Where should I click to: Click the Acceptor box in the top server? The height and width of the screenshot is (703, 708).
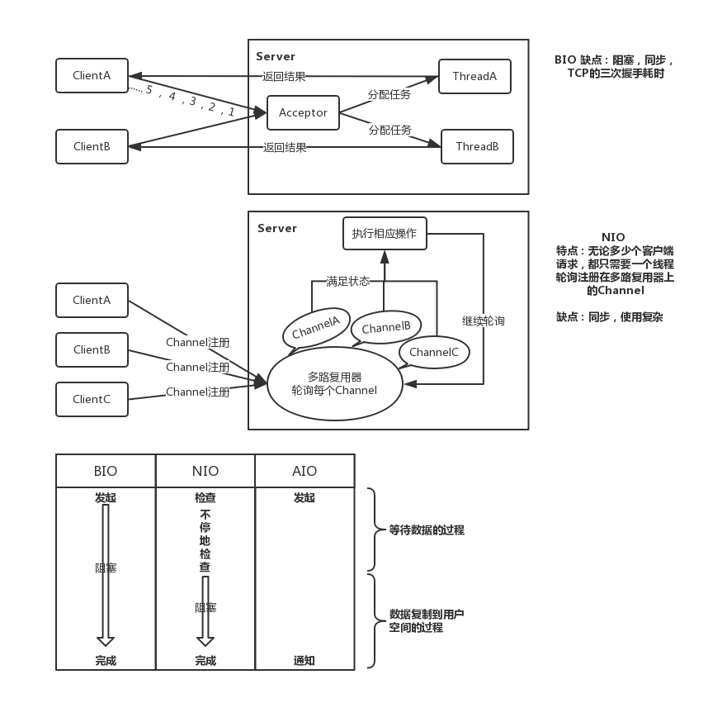pos(303,112)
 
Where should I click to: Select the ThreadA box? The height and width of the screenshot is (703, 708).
pos(474,76)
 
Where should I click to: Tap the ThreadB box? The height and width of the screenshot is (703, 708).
pos(477,146)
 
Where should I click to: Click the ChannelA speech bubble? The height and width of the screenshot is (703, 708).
pos(316,328)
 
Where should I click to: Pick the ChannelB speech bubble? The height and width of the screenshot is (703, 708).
pos(386,327)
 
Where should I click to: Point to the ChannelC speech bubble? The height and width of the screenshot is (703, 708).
pos(434,352)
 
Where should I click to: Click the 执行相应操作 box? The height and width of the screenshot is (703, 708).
pos(385,233)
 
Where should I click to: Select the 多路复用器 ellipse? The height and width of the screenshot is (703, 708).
pos(334,382)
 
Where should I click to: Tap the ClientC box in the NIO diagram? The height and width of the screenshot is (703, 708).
pos(92,399)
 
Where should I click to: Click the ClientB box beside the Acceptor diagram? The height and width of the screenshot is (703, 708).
pos(92,146)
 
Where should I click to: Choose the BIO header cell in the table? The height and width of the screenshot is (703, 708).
pos(106,471)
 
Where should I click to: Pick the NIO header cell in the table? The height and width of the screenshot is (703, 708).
pos(205,471)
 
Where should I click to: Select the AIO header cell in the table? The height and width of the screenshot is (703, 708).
pos(304,471)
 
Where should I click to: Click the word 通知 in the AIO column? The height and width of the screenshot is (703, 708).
pos(304,661)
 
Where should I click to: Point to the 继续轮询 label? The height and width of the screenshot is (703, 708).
pos(484,321)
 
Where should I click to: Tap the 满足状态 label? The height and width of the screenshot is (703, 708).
pos(347,281)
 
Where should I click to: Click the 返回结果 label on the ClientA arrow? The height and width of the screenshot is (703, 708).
pos(284,77)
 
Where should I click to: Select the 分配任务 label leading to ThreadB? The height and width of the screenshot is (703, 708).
pos(389,130)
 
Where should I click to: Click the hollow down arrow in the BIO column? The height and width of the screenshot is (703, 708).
pos(106,574)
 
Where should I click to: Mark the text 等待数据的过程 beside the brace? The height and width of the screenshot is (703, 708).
pos(427,530)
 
